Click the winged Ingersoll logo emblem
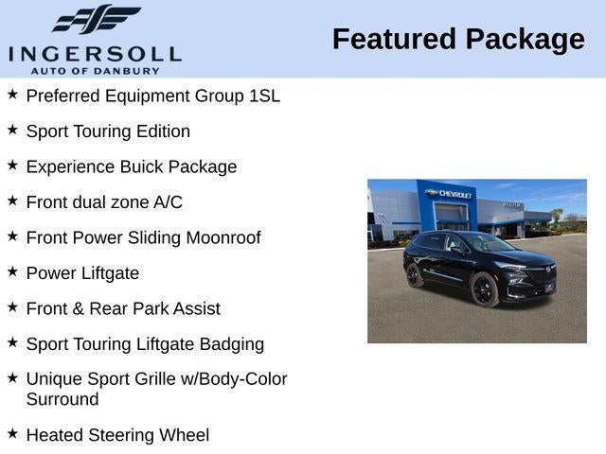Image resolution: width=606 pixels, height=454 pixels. (96, 20)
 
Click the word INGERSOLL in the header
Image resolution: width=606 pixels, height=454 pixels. (95, 53)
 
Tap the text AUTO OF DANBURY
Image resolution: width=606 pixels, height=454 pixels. (95, 71)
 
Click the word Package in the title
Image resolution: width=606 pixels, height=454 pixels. (525, 39)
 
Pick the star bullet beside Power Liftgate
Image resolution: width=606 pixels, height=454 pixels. (12, 271)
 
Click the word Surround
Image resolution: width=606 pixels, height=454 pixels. (62, 399)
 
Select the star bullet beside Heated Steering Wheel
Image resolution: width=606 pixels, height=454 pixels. (12, 433)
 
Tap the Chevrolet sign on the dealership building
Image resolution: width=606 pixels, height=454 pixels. (450, 194)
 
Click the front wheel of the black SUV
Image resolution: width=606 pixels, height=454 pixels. (483, 290)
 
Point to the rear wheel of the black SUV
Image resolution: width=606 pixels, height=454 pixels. (415, 274)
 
